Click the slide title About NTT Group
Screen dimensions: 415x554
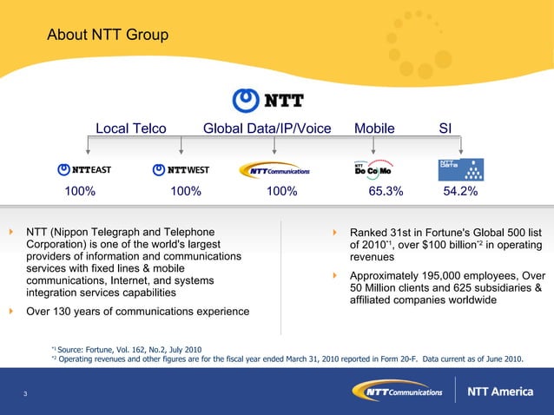click(108, 36)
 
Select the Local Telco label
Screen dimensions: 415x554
click(130, 128)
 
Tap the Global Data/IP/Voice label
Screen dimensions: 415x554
click(267, 128)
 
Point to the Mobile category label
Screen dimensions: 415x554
click(374, 128)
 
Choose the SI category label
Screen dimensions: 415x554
click(445, 128)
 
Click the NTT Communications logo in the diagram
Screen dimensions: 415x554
click(274, 170)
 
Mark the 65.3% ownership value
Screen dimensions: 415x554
click(386, 192)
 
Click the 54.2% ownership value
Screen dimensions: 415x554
click(460, 192)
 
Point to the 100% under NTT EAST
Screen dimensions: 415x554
click(80, 192)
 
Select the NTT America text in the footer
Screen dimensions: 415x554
click(500, 392)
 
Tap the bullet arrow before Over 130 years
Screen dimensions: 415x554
click(11, 311)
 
